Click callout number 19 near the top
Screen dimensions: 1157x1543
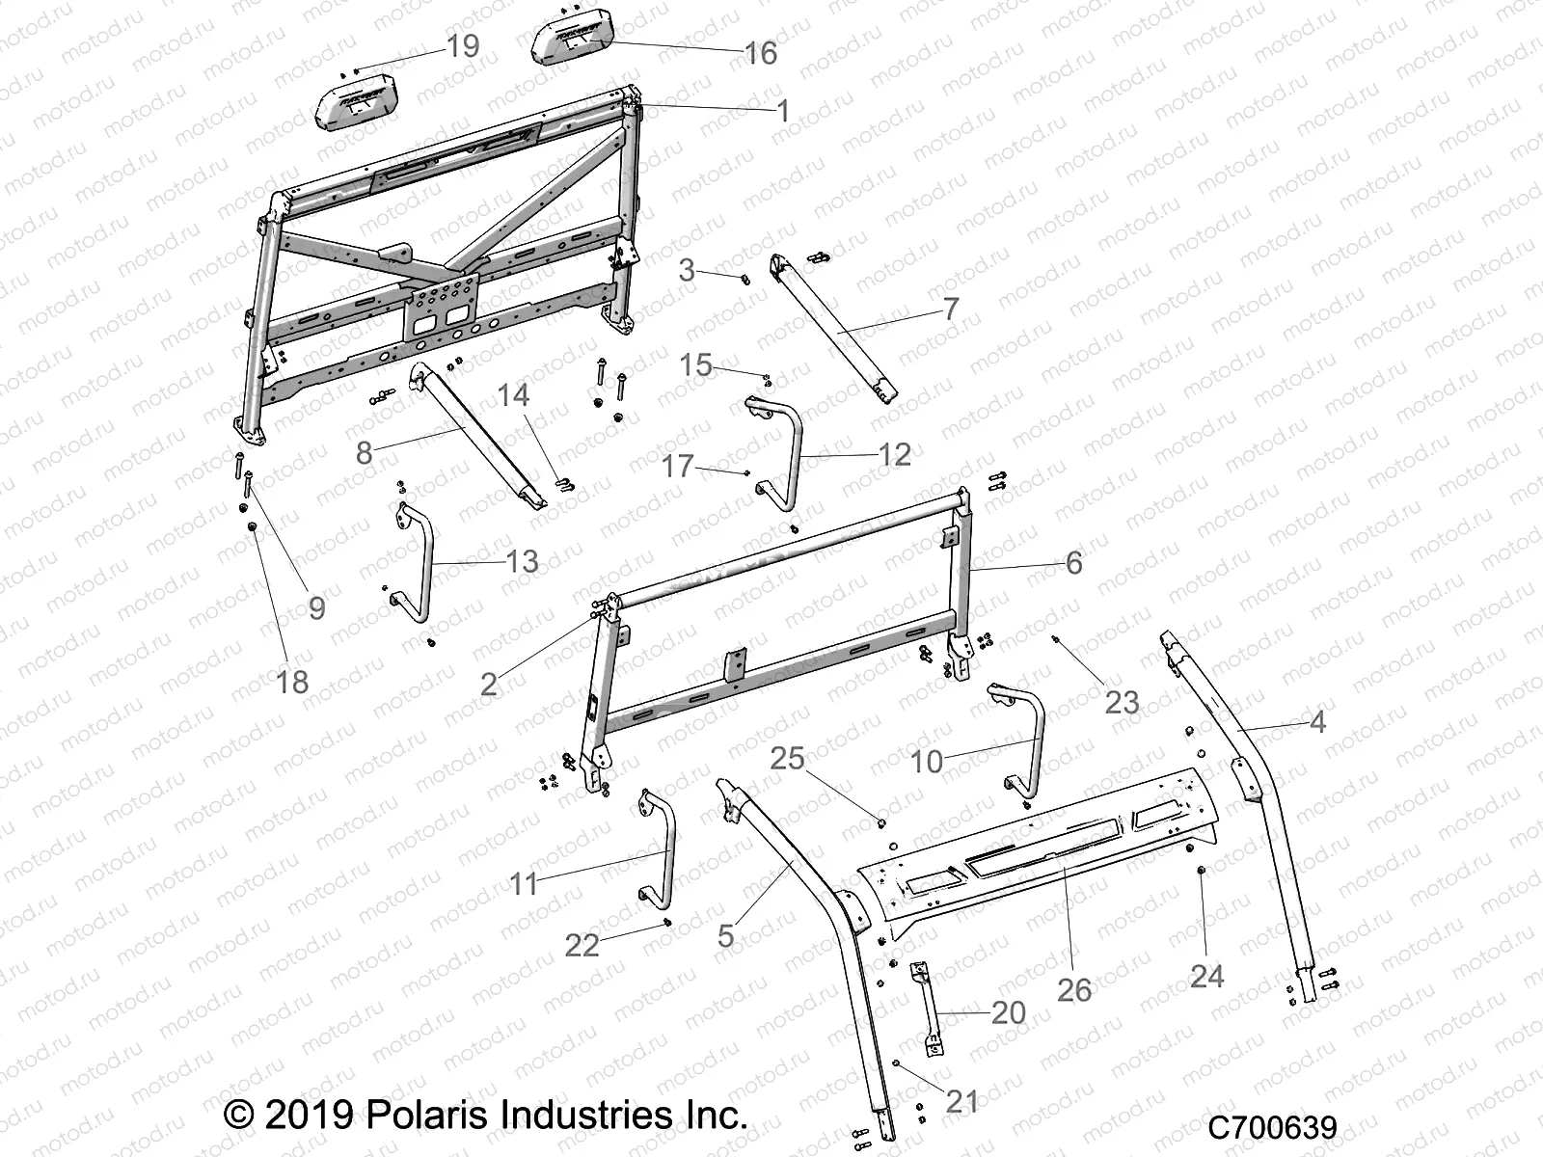tap(464, 45)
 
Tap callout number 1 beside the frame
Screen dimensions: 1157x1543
tap(783, 111)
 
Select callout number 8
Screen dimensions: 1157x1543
tap(364, 452)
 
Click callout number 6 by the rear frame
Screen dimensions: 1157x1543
tap(1073, 562)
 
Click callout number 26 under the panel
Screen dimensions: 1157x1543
tap(1074, 989)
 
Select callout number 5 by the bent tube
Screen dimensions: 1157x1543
tap(726, 934)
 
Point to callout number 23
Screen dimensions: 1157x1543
tap(1122, 702)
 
